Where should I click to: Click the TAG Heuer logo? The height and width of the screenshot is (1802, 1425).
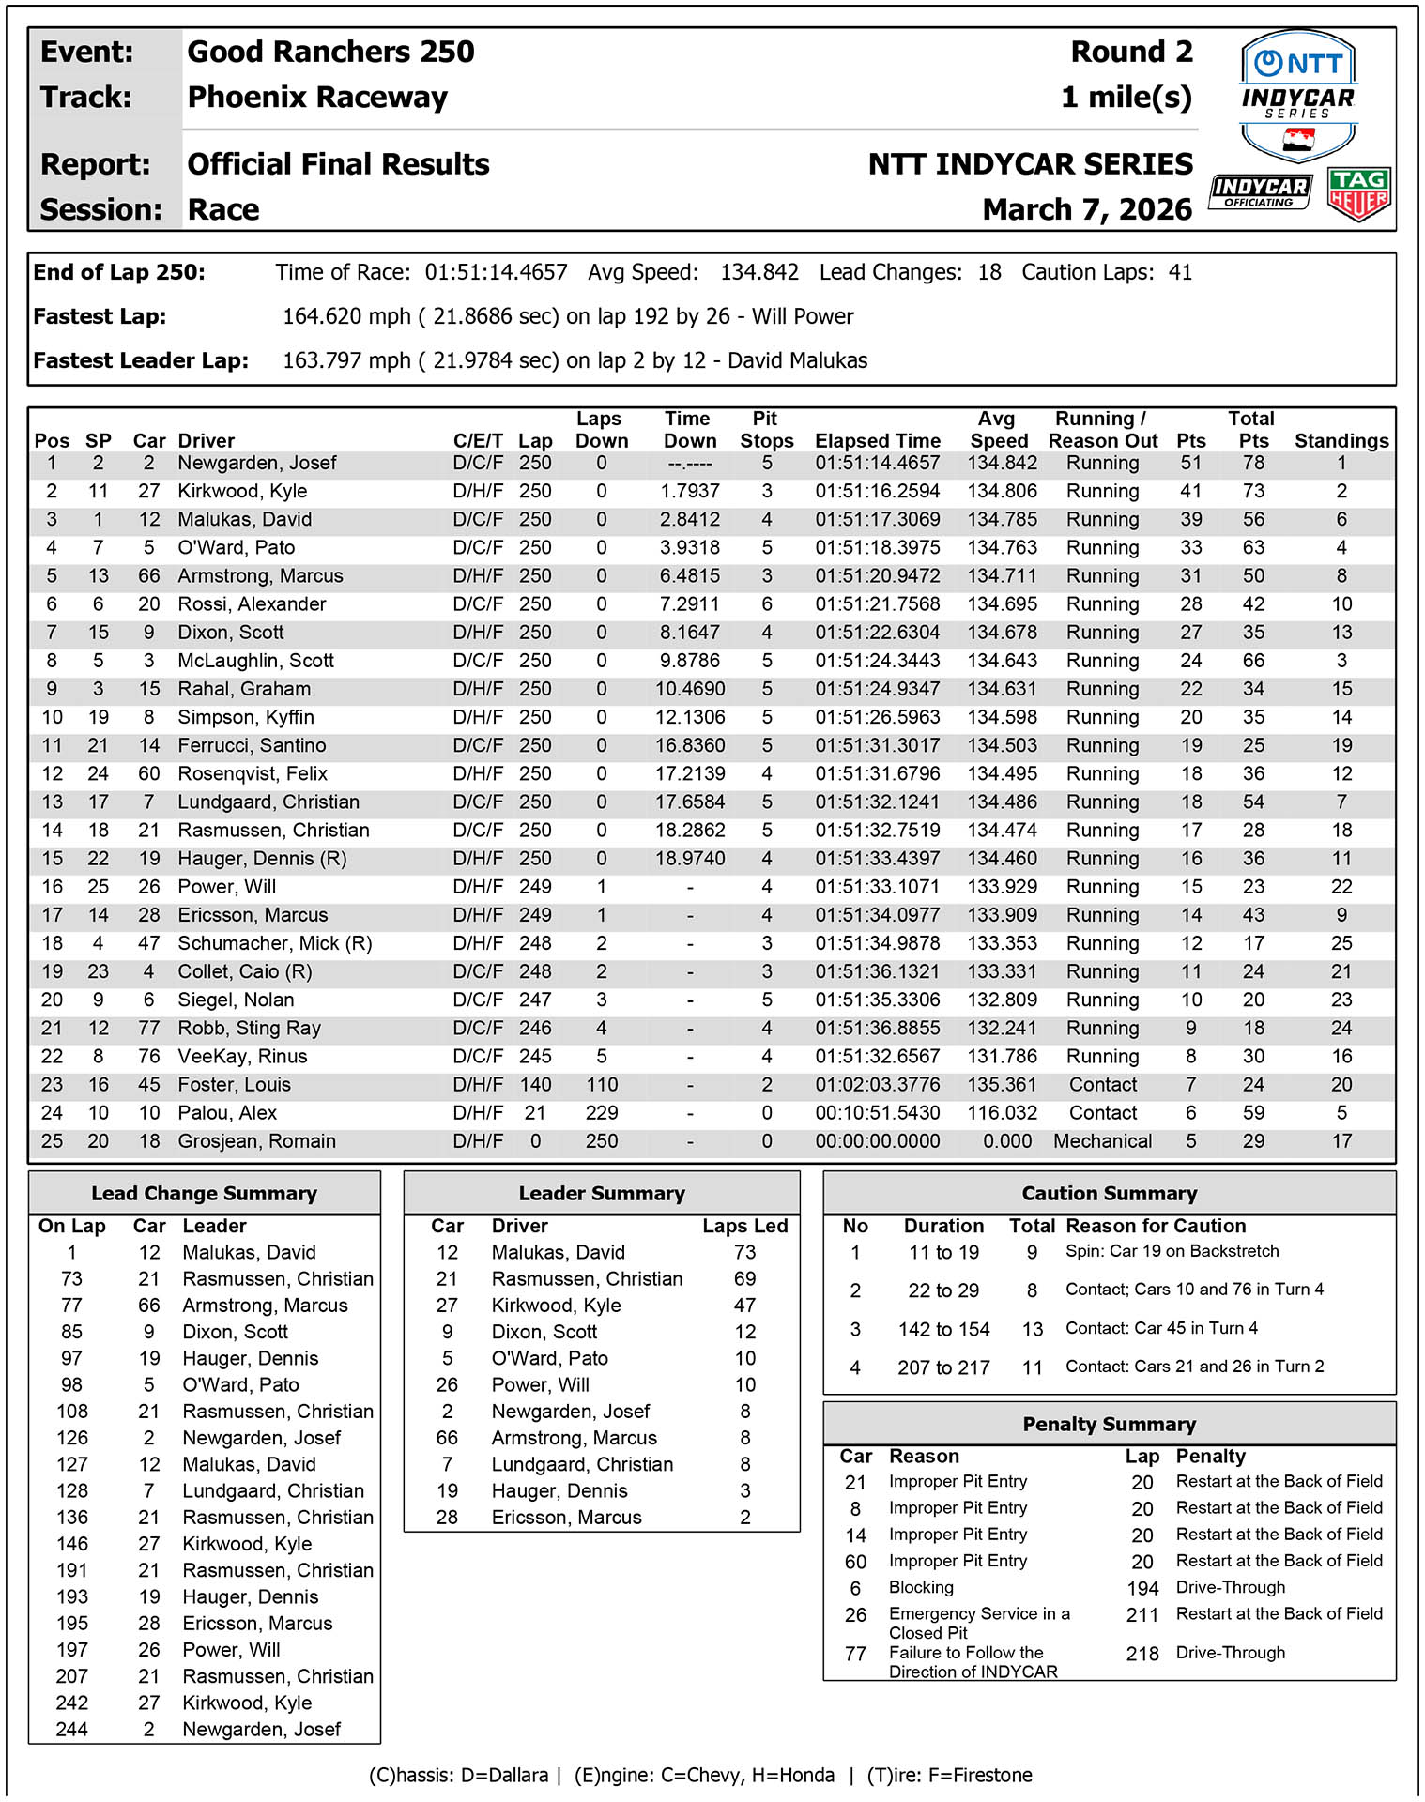1358,194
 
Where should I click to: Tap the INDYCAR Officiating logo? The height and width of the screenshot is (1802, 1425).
1259,191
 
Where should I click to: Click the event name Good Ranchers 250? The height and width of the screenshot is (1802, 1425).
330,52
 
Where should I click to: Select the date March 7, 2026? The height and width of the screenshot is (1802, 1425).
1087,209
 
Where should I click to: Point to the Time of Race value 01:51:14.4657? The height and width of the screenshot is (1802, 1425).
496,273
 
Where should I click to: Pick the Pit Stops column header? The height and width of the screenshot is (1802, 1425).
766,430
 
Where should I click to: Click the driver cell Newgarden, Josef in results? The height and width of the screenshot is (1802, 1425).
257,463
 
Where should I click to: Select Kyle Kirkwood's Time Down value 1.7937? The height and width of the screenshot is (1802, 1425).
689,491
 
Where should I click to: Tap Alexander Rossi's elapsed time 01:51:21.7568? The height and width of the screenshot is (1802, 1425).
877,604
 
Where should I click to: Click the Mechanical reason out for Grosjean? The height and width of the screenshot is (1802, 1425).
1102,1141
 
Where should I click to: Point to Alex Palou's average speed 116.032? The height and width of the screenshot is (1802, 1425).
1002,1113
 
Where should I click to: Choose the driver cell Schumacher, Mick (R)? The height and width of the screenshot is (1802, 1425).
275,943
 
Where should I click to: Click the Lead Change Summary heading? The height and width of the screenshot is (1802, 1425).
204,1194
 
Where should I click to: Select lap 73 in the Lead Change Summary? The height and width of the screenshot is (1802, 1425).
71,1279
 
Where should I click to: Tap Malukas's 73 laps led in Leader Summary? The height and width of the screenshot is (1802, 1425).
744,1253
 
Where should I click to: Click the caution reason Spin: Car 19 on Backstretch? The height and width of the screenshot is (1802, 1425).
1172,1251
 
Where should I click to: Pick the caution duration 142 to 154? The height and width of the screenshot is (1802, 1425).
943,1330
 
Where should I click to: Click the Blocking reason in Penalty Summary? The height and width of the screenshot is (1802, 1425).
921,1587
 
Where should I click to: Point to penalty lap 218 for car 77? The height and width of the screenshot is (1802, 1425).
1142,1654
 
